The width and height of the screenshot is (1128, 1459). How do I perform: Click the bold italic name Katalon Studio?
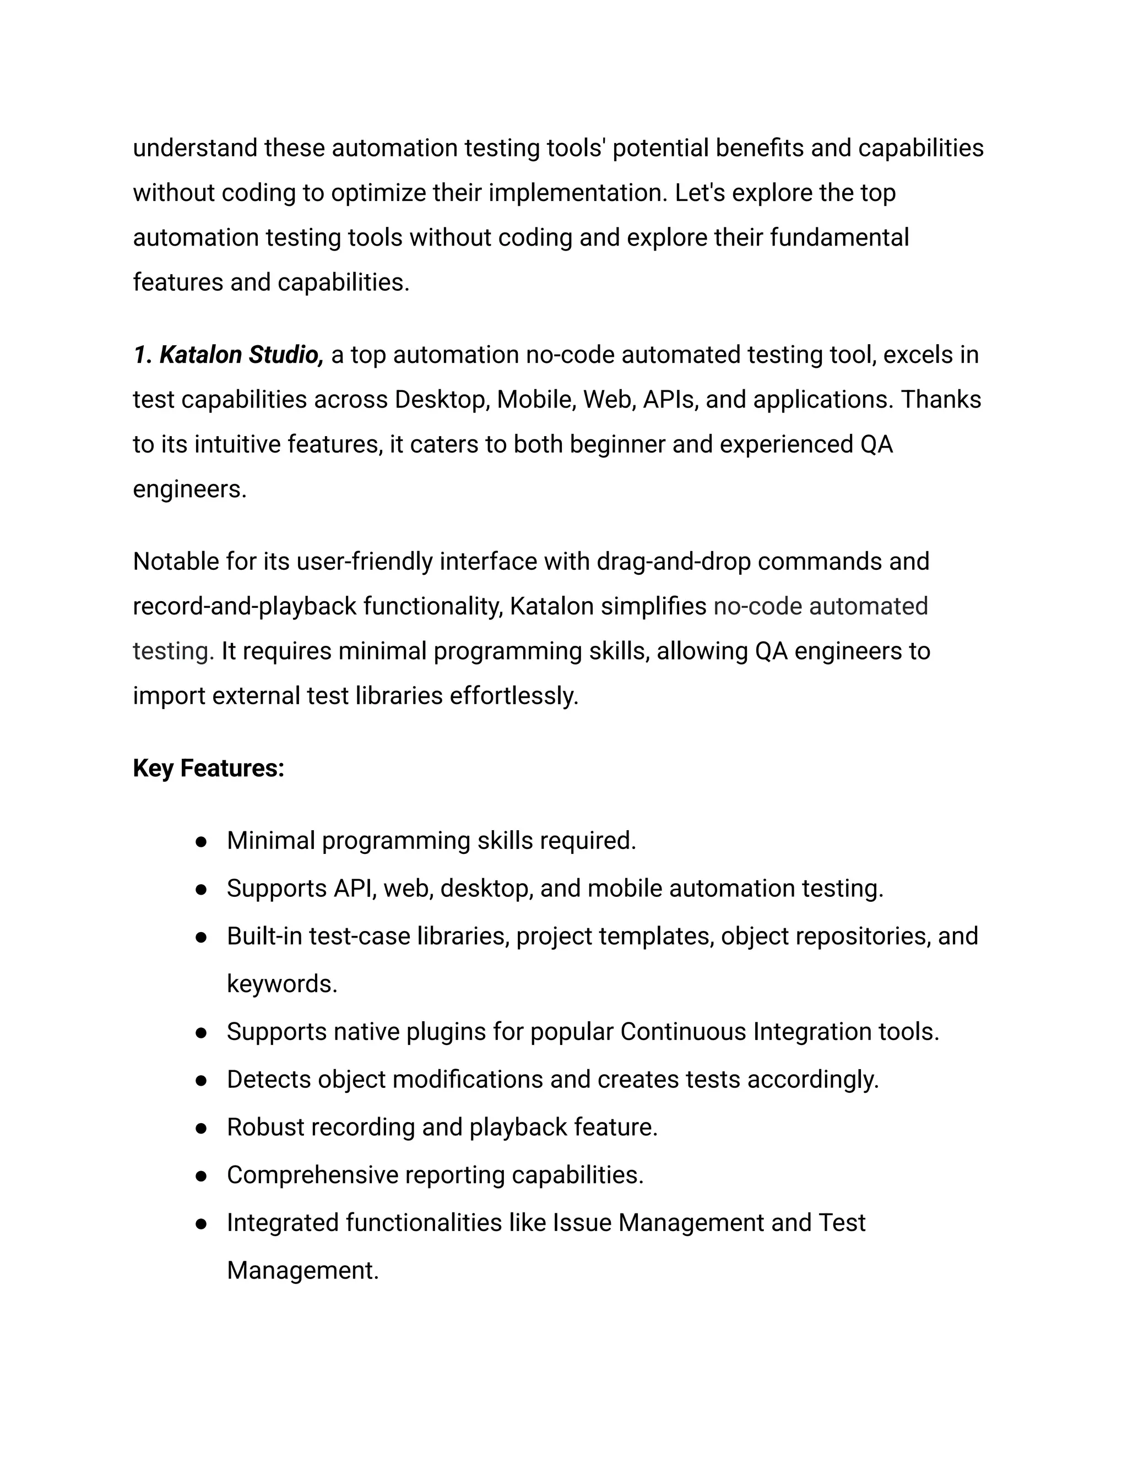pos(241,355)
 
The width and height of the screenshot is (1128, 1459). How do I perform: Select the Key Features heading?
pos(209,768)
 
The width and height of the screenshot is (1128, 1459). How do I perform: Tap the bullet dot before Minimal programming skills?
pos(200,842)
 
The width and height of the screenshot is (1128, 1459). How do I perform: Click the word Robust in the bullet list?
pos(265,1127)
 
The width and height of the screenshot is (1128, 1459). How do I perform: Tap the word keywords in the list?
pos(281,984)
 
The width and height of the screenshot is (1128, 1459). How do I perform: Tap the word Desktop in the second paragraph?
pos(442,400)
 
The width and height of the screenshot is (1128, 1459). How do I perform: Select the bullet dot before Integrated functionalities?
pos(200,1224)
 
